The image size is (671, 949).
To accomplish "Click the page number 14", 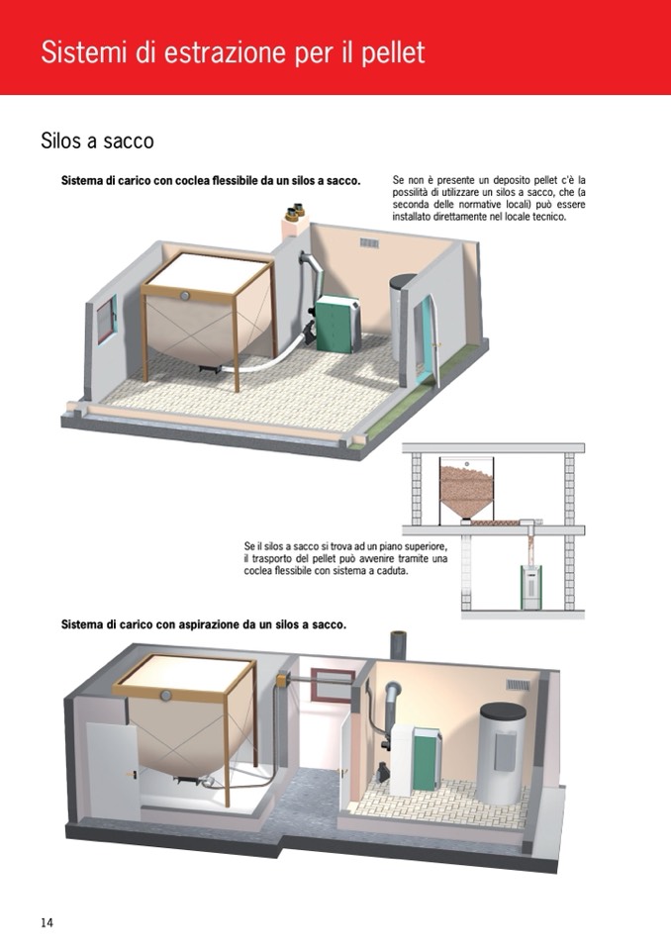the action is coord(48,921).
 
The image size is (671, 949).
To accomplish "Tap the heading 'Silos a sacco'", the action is coord(97,141).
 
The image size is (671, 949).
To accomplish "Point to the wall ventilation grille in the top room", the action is coord(369,242).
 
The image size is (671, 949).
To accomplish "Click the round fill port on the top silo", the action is coord(185,295).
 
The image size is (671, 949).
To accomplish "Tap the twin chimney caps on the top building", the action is coord(295,211).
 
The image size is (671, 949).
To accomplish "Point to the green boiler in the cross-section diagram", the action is coord(531,587).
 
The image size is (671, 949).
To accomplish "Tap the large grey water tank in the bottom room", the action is coord(502,752).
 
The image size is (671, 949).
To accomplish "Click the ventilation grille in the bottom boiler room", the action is coord(518,685).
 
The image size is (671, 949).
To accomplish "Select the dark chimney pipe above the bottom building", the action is coord(399,644).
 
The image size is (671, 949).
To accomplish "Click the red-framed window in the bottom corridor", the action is coord(333,685).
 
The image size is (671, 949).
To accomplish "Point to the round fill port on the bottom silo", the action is coord(165,696).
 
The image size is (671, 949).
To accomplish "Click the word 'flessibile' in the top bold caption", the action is coord(236,180).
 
